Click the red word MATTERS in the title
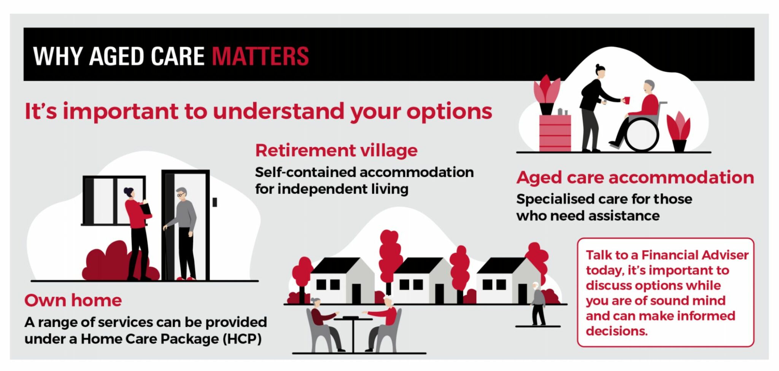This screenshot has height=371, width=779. click(x=260, y=56)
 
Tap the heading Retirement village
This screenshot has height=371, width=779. click(x=336, y=151)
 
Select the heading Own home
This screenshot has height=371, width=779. click(x=73, y=300)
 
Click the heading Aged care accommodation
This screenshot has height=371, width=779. click(x=635, y=178)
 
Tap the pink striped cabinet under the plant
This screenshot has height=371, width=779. click(x=555, y=133)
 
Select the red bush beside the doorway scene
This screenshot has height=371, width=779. click(x=110, y=263)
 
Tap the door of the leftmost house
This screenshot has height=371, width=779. click(x=356, y=293)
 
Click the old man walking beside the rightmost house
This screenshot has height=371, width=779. click(x=538, y=304)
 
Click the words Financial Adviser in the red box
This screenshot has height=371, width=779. click(x=695, y=255)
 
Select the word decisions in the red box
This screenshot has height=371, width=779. click(x=616, y=331)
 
